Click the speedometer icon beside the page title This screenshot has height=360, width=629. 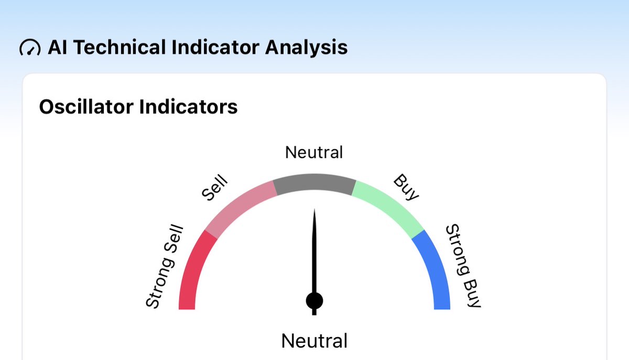pyautogui.click(x=29, y=48)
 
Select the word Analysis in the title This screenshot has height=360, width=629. pyautogui.click(x=306, y=48)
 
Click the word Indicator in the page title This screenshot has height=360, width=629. pyautogui.click(x=215, y=48)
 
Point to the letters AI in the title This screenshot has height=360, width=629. pyautogui.click(x=57, y=48)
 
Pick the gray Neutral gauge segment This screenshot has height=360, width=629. pyautogui.click(x=314, y=184)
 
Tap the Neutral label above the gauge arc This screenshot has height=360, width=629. pyautogui.click(x=314, y=152)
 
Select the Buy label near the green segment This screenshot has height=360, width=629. pyautogui.click(x=407, y=187)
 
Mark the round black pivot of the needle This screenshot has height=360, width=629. pyautogui.click(x=314, y=301)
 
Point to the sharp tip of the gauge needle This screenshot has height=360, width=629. pyautogui.click(x=314, y=212)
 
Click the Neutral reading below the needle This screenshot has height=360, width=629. pyautogui.click(x=314, y=341)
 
